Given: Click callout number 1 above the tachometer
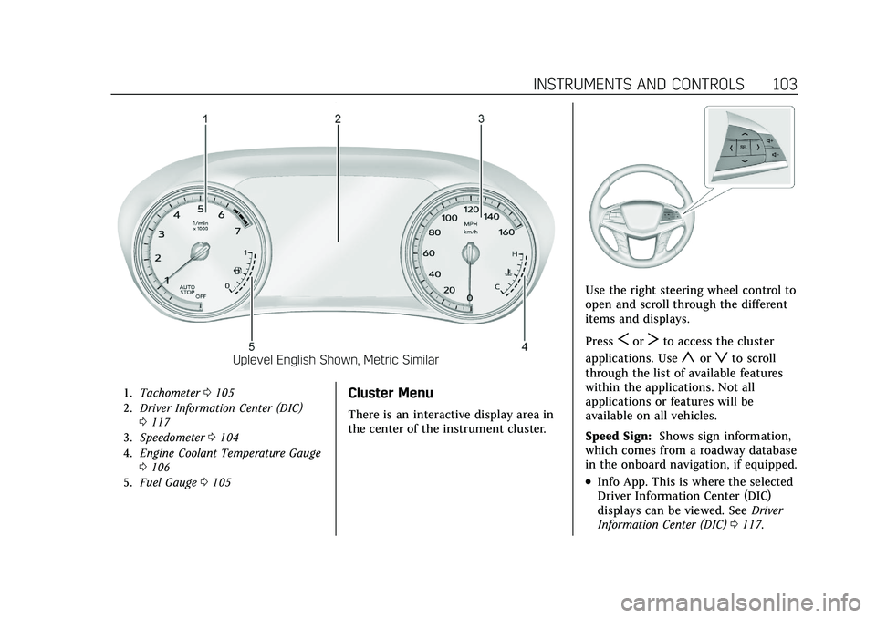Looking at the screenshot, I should click(x=206, y=118).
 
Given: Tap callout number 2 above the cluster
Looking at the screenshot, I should click(x=338, y=118).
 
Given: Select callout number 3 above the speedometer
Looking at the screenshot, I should click(x=480, y=118).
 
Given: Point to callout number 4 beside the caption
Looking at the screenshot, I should click(x=525, y=347).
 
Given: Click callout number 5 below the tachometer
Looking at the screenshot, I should click(x=251, y=347).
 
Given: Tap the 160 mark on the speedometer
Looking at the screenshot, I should click(x=508, y=232).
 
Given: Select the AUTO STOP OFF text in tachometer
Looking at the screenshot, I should click(x=189, y=291).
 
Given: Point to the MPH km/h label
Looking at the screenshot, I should click(x=471, y=228).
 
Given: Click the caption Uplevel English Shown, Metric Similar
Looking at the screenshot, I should click(x=336, y=360).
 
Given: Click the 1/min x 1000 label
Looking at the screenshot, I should click(x=202, y=226).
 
